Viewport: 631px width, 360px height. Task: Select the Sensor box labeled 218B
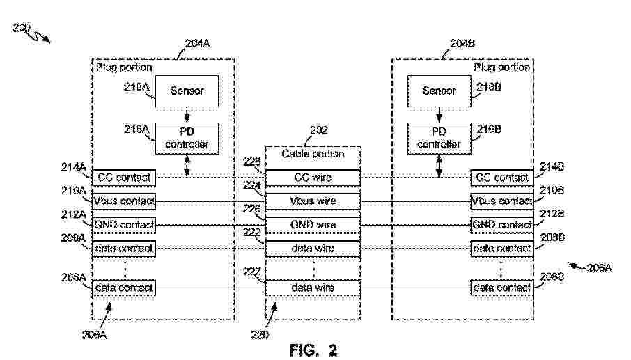pyautogui.click(x=439, y=91)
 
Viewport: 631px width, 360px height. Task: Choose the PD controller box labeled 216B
pyautogui.click(x=439, y=137)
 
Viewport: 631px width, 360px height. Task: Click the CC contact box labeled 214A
pyautogui.click(x=124, y=178)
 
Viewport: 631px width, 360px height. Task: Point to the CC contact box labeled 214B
pyautogui.click(x=501, y=178)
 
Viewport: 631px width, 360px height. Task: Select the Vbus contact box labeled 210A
pyautogui.click(x=124, y=201)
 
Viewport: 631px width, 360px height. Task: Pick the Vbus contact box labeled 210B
pyautogui.click(x=501, y=201)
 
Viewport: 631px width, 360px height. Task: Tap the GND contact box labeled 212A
pyautogui.click(x=124, y=225)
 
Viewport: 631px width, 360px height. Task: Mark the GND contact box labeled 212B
pyautogui.click(x=501, y=225)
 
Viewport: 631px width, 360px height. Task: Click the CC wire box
pyautogui.click(x=313, y=178)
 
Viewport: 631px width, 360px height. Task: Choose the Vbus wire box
pyautogui.click(x=313, y=201)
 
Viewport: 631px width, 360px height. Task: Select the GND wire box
pyautogui.click(x=313, y=225)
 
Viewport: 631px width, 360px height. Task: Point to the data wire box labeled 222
pyautogui.click(x=313, y=248)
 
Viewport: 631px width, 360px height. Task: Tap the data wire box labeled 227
pyautogui.click(x=313, y=287)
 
